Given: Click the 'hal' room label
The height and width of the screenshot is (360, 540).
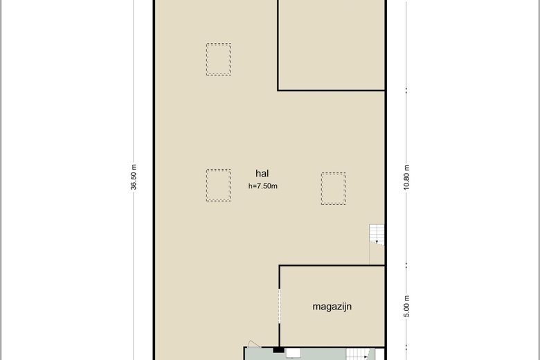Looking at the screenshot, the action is click(262, 173).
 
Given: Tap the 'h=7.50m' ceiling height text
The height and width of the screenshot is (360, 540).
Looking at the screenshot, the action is click(263, 186).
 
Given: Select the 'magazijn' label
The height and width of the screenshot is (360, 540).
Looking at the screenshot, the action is click(332, 307).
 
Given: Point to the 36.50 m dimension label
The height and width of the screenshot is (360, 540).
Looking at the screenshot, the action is click(134, 177).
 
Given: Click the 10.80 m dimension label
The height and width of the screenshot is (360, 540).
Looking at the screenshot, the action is click(406, 177).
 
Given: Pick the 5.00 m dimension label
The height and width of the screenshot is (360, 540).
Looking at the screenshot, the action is click(406, 306).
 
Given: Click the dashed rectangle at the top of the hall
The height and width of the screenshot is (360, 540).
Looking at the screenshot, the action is click(219, 59).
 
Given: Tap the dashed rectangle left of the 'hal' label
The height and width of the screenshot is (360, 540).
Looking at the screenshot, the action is click(218, 185).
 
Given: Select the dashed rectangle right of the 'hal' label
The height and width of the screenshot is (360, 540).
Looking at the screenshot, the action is click(334, 188).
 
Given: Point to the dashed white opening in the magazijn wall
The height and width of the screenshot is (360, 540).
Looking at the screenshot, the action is click(279, 306).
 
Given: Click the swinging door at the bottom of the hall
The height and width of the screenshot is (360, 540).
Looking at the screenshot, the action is click(254, 344).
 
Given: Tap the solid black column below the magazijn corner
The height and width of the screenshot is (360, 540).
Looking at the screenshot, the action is click(278, 350).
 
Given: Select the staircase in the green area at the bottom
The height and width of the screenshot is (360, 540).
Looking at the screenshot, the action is click(357, 354).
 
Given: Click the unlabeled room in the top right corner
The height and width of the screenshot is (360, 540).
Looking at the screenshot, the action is click(332, 45).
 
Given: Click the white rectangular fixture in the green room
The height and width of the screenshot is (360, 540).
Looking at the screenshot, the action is click(293, 354).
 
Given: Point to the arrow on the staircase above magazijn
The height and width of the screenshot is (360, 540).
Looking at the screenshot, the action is click(377, 241).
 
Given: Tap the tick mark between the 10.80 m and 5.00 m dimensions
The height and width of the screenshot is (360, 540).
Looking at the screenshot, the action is click(406, 265).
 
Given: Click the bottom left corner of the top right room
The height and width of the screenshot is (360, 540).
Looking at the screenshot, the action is click(278, 91).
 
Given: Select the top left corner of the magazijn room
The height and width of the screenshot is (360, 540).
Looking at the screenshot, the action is click(279, 266).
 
